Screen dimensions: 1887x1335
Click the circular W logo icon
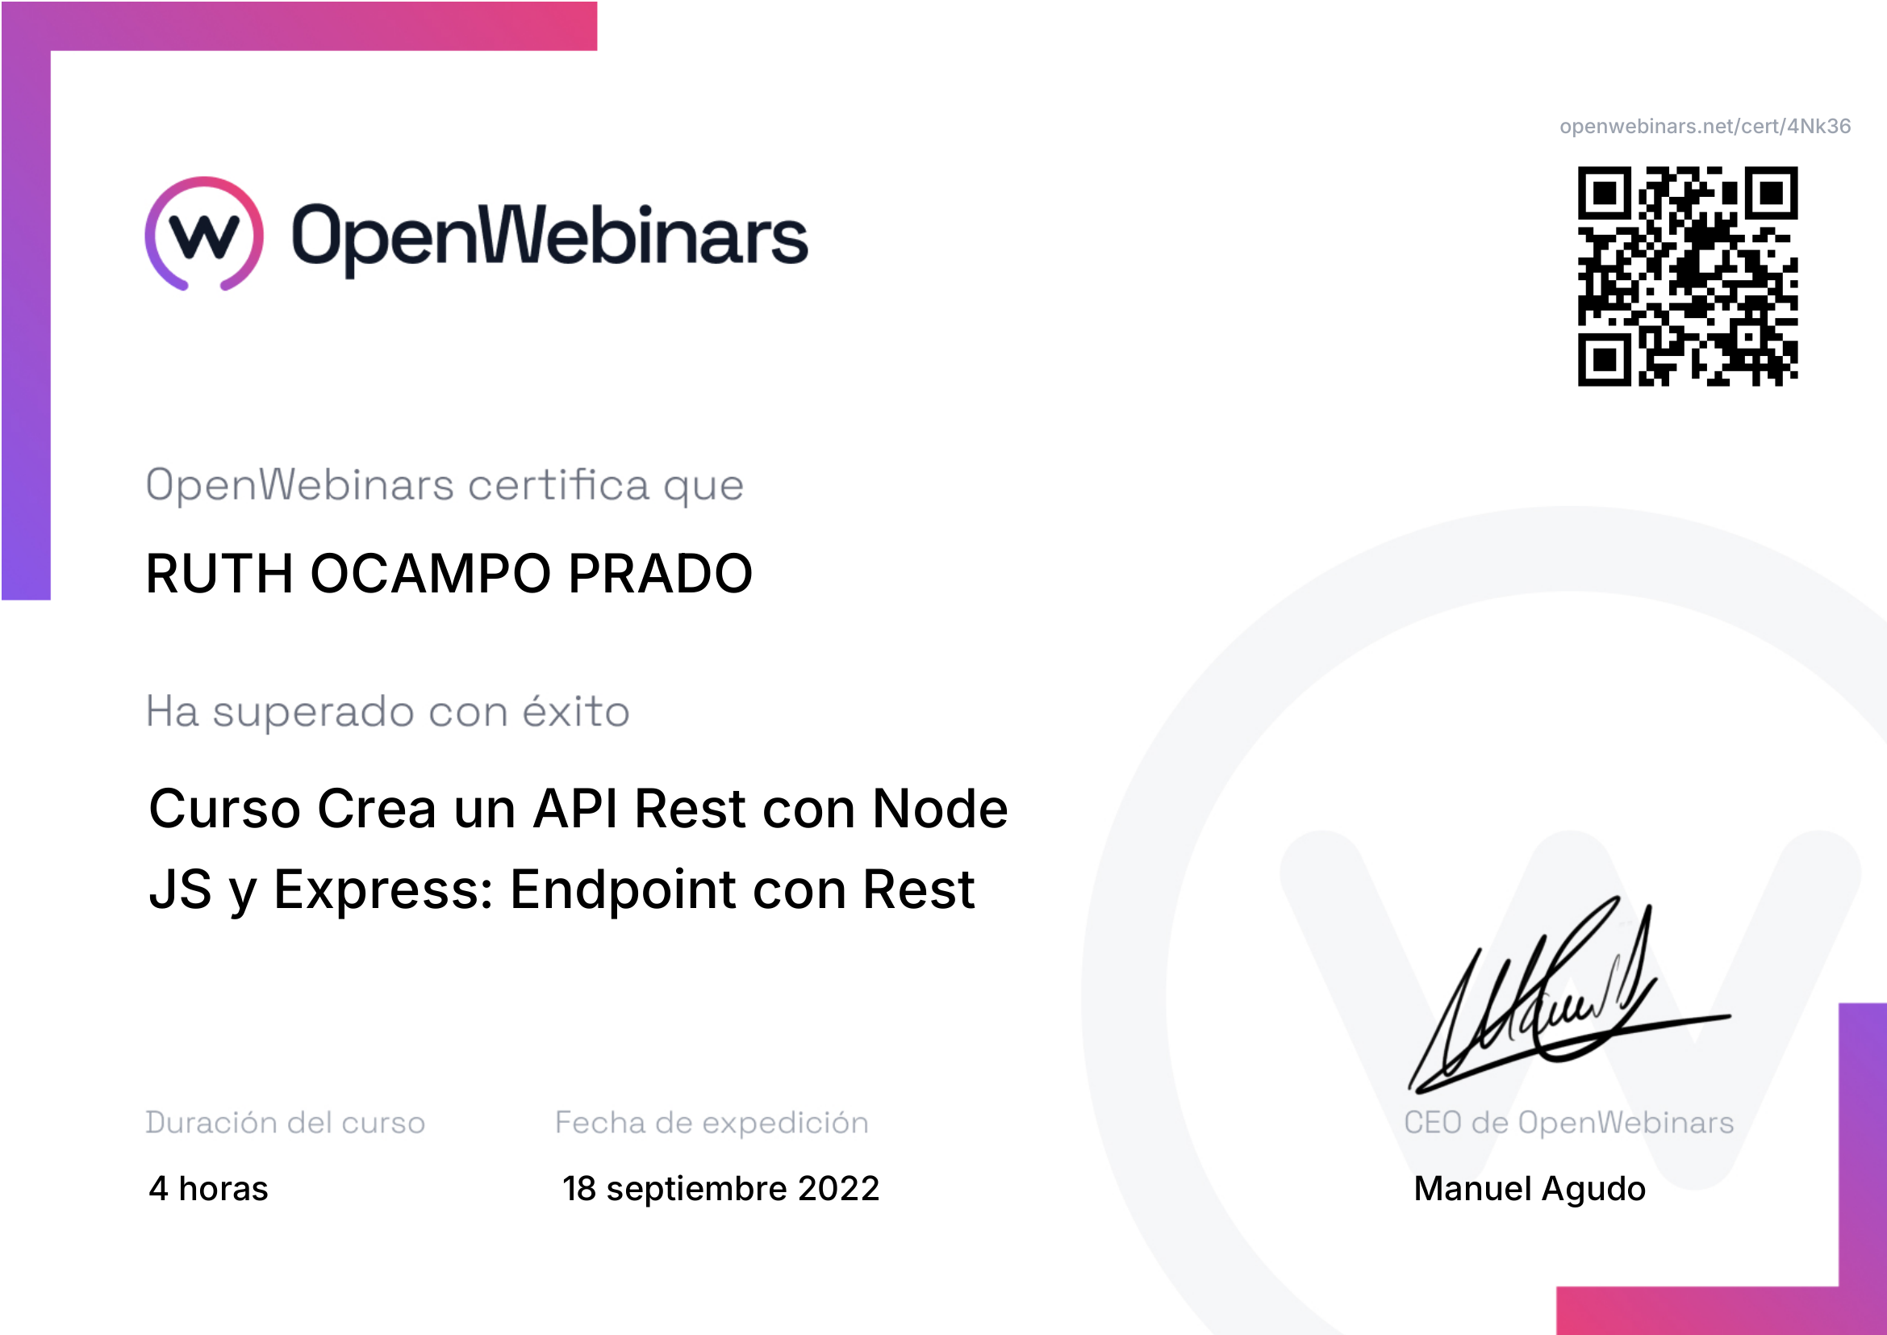[x=205, y=234]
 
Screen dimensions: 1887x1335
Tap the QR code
[x=1687, y=276]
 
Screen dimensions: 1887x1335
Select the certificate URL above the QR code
[x=1705, y=126]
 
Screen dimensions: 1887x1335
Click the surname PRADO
[x=660, y=573]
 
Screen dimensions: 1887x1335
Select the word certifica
[x=559, y=484]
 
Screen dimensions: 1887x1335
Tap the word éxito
[x=576, y=710]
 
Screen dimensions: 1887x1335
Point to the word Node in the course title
[x=940, y=808]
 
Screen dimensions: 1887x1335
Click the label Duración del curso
[x=285, y=1122]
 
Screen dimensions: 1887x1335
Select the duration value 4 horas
[x=209, y=1189]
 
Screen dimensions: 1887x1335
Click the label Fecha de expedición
[x=712, y=1123]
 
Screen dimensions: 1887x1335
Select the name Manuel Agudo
[x=1530, y=1190]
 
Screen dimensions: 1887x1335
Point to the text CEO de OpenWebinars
[x=1569, y=1123]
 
